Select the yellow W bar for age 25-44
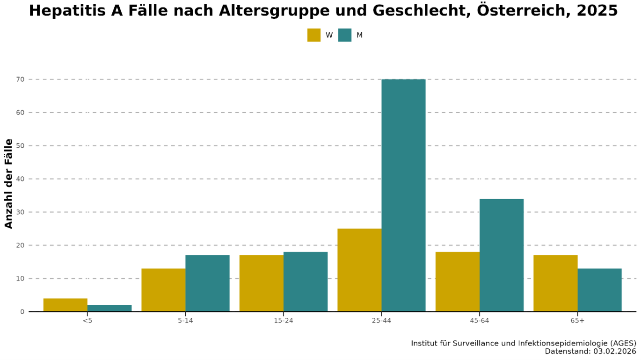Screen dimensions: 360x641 click(359, 270)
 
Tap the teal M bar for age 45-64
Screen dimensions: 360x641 click(502, 255)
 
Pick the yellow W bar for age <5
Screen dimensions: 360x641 click(66, 305)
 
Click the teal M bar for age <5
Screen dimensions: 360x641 click(109, 308)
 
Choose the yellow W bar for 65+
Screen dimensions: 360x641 click(555, 283)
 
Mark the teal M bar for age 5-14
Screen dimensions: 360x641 click(207, 283)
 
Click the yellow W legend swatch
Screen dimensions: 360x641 click(313, 35)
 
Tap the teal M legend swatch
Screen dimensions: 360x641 click(344, 35)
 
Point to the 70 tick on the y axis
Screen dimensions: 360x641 click(20, 79)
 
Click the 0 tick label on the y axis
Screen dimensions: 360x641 click(22, 312)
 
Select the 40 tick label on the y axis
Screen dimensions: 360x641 click(20, 179)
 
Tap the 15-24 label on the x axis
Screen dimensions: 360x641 click(284, 321)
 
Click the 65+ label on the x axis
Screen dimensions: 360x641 click(577, 321)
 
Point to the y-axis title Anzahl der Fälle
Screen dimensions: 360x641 click(9, 183)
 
